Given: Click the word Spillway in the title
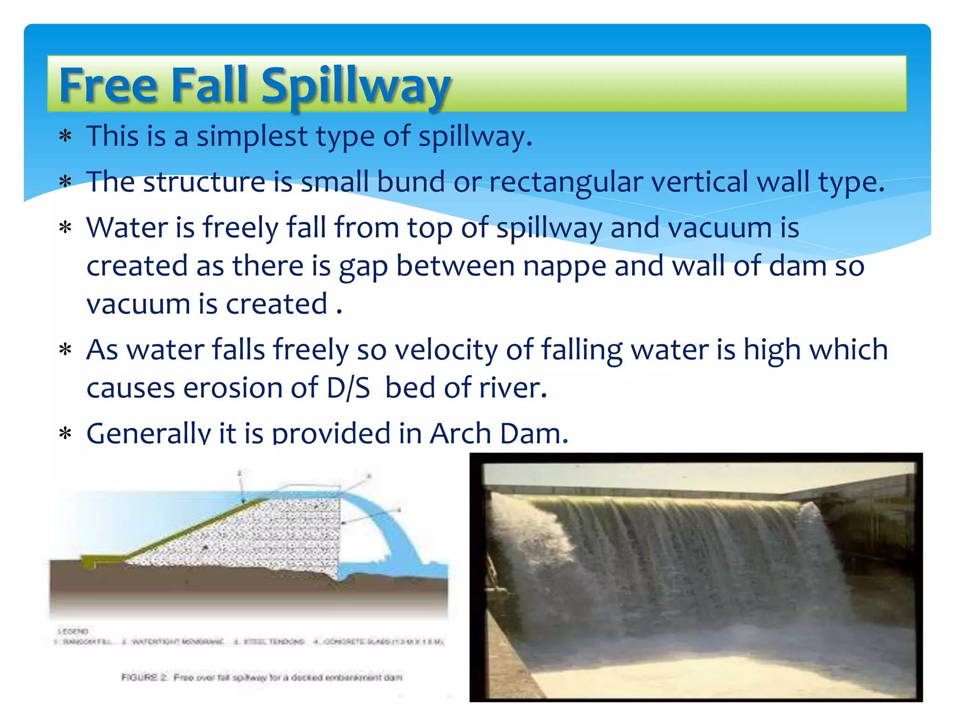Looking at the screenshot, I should pos(355,86).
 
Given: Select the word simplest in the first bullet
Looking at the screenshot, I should pos(252,136).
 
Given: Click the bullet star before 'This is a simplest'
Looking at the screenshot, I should pos(65,137).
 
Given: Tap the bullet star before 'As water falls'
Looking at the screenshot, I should pos(65,350).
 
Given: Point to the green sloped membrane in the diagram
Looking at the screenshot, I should pos(186,531).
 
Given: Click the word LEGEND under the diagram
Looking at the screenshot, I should pos(73,632).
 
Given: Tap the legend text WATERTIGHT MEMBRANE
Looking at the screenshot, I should pos(177,642).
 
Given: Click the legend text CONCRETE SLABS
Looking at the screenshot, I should pos(354,642).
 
